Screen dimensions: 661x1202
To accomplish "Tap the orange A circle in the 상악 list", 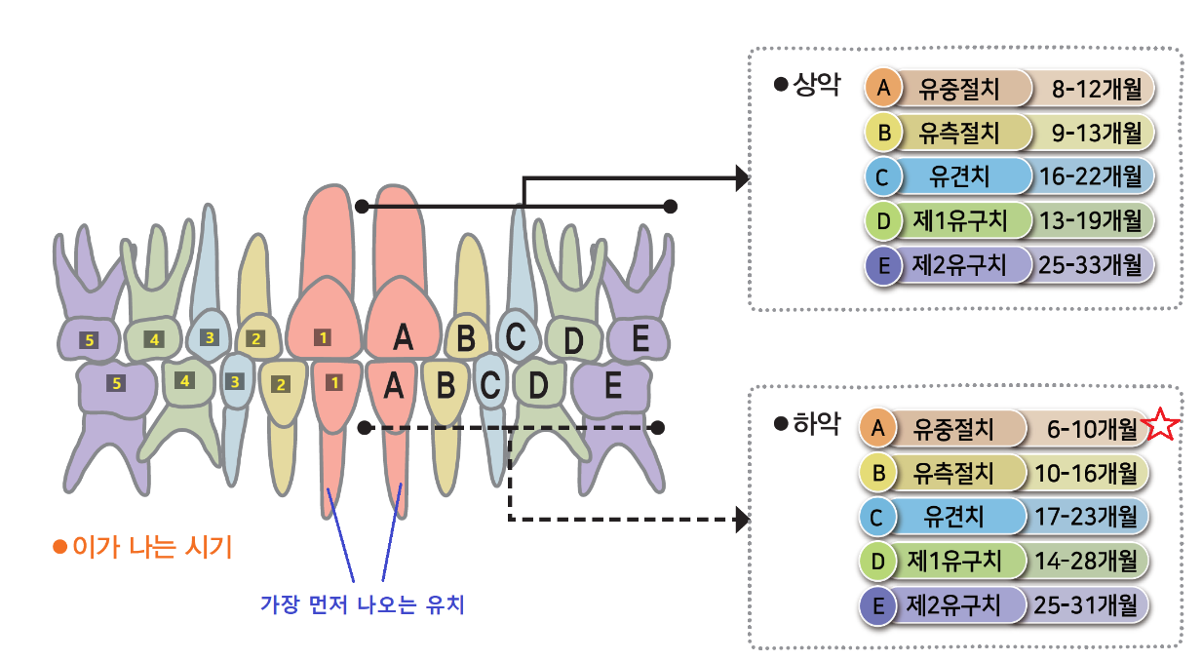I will pyautogui.click(x=883, y=89).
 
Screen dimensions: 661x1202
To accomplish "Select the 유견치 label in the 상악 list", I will pyautogui.click(x=960, y=176).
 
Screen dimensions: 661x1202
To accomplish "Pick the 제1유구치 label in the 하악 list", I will pyautogui.click(x=954, y=561).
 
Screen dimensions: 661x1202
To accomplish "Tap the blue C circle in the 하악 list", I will pyautogui.click(x=877, y=517).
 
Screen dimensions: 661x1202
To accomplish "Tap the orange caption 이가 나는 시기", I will pyautogui.click(x=152, y=546).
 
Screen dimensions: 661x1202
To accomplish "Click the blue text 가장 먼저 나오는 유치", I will pyautogui.click(x=362, y=604).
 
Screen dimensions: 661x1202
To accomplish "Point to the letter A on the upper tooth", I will pyautogui.click(x=403, y=338).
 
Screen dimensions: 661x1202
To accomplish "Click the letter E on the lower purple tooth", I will pyautogui.click(x=613, y=386).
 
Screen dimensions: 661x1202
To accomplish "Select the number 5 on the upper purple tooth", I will pyautogui.click(x=90, y=340).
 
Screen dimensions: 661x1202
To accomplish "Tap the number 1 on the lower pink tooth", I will pyautogui.click(x=334, y=382).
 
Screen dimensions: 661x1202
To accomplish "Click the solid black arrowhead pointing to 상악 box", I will pyautogui.click(x=742, y=177).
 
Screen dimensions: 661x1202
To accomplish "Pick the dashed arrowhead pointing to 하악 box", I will pyautogui.click(x=742, y=520).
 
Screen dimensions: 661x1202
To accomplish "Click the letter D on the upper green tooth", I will pyautogui.click(x=574, y=341).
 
